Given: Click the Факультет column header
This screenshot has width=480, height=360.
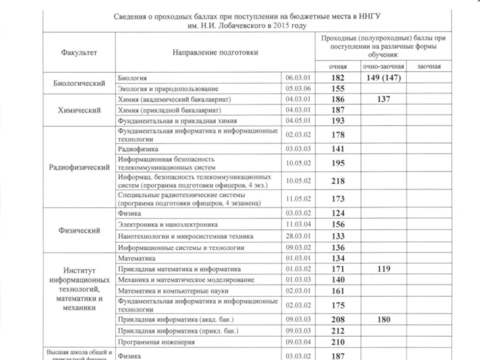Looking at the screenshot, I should click(79, 52).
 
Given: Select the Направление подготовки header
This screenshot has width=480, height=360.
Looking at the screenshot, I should click(215, 52).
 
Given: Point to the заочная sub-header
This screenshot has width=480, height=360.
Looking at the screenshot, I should click(429, 67).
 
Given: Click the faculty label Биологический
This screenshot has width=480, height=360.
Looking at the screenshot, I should click(79, 83).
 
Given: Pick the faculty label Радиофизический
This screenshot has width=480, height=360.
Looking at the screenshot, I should click(79, 167).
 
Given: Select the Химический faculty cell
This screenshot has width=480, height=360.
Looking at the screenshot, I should click(79, 110).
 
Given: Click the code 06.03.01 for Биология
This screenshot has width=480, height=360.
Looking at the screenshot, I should click(297, 78).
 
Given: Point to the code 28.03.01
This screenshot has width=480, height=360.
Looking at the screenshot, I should click(297, 236).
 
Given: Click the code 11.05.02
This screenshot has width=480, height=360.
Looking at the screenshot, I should click(297, 199).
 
